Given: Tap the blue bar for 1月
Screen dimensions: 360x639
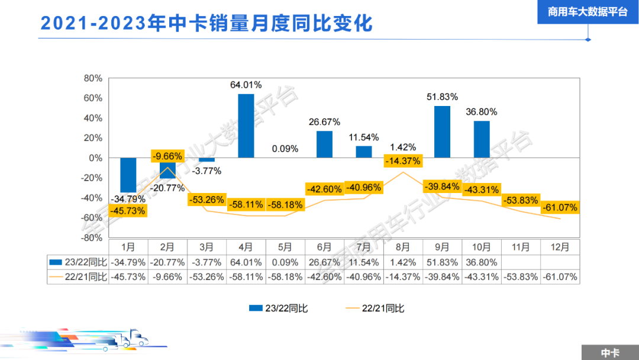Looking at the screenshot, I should (128, 175).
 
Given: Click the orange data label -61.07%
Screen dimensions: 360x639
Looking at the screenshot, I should (559, 208).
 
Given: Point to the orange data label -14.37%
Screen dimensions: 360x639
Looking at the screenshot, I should (403, 160).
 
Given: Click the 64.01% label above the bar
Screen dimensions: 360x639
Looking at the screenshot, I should (246, 85).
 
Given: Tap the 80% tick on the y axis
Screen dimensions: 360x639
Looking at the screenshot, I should (93, 78).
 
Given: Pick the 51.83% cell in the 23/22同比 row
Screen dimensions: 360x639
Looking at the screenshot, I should (442, 262).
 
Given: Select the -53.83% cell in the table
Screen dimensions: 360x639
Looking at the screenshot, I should (521, 277).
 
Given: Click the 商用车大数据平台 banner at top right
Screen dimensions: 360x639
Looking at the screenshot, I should (588, 12).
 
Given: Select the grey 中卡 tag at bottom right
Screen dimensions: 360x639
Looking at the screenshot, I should (610, 352).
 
